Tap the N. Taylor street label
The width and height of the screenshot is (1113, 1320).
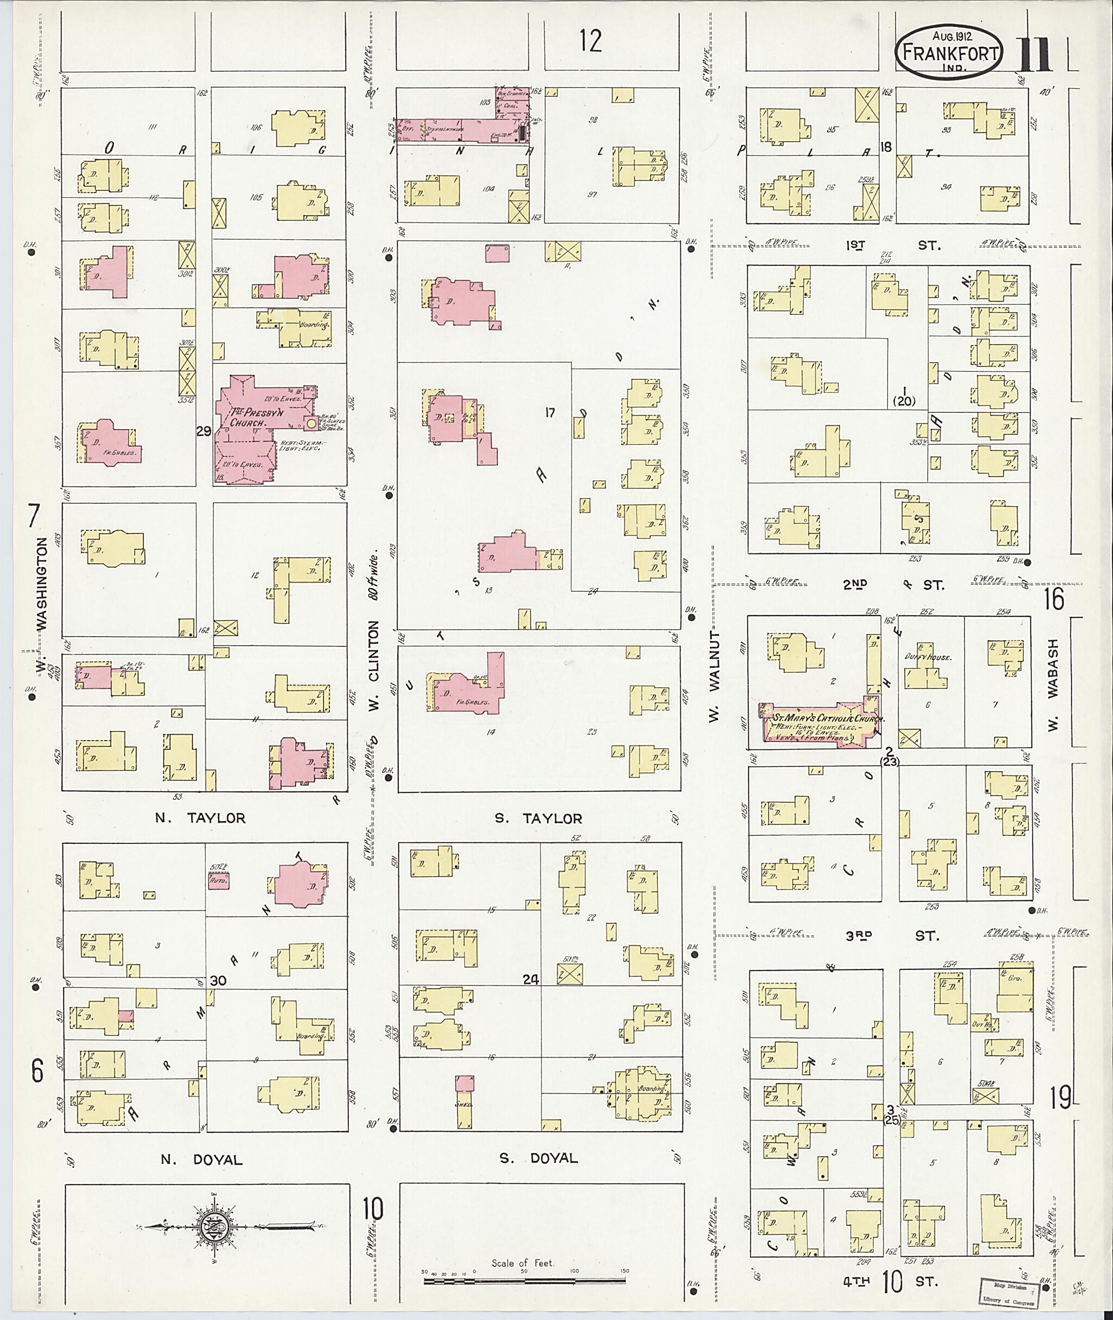pyautogui.click(x=200, y=818)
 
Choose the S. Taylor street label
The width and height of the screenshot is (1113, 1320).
pyautogui.click(x=538, y=818)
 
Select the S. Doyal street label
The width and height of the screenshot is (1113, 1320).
pyautogui.click(x=538, y=1158)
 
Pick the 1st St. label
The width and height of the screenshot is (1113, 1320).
pyautogui.click(x=891, y=245)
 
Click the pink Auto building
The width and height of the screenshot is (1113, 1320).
pyautogui.click(x=219, y=880)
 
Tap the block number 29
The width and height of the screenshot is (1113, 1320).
pyautogui.click(x=204, y=431)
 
